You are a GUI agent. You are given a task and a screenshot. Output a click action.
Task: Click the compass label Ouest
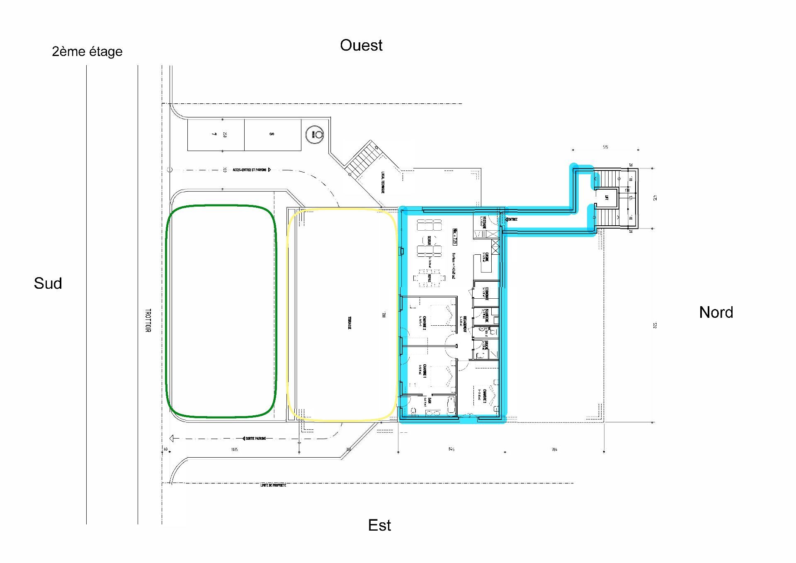click(361, 45)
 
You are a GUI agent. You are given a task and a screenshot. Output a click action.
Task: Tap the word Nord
click(716, 312)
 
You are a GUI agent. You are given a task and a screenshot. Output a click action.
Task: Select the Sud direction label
click(48, 283)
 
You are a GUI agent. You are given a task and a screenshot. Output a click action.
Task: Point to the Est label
click(379, 525)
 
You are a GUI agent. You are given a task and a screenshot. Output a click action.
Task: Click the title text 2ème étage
click(87, 51)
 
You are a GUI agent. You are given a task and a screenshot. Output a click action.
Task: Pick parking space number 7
click(214, 134)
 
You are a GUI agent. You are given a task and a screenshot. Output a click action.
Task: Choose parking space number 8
click(272, 134)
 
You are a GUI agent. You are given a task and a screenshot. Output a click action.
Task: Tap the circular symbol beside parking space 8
click(315, 134)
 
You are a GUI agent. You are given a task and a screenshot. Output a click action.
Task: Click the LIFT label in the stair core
click(607, 198)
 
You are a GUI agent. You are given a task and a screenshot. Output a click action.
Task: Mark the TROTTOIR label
click(148, 320)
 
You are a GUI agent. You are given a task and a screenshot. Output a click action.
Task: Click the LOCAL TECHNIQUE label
click(383, 183)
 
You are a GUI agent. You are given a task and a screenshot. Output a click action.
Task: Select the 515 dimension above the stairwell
click(605, 147)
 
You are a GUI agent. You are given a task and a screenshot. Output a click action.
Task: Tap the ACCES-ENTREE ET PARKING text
click(250, 170)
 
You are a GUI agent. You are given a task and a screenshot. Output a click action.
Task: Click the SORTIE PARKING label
click(255, 438)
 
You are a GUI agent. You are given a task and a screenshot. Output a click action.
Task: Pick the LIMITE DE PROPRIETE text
click(273, 485)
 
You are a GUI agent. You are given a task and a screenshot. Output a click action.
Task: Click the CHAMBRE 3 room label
click(484, 397)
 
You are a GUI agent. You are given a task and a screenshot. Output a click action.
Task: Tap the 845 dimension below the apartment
click(451, 449)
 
